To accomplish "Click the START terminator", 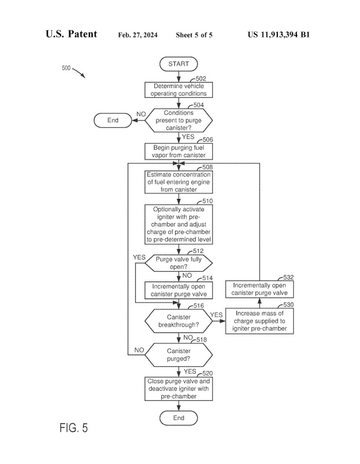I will [x=178, y=64].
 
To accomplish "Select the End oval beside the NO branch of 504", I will [x=113, y=120].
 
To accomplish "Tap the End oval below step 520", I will [x=178, y=418].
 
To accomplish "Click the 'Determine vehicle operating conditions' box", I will [x=178, y=90].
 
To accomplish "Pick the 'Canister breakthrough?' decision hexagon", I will [x=178, y=321].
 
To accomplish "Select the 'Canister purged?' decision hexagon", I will [x=178, y=355].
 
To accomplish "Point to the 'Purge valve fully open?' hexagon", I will [x=178, y=263].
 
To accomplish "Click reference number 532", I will [x=288, y=277].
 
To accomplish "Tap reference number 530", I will [x=288, y=305].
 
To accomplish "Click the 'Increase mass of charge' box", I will [x=259, y=321].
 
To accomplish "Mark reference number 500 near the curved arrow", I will [x=66, y=68].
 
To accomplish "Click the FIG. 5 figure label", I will [x=73, y=428].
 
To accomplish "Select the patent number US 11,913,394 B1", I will [x=278, y=35].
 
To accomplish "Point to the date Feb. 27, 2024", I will [x=138, y=35].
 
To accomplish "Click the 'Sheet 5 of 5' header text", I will [x=194, y=35].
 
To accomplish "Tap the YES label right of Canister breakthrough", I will [x=216, y=315].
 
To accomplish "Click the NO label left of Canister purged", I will [x=139, y=350].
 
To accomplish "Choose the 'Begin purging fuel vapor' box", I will [x=178, y=151].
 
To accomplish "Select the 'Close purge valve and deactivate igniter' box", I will [x=178, y=389].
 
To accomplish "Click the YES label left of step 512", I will [x=139, y=257].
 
